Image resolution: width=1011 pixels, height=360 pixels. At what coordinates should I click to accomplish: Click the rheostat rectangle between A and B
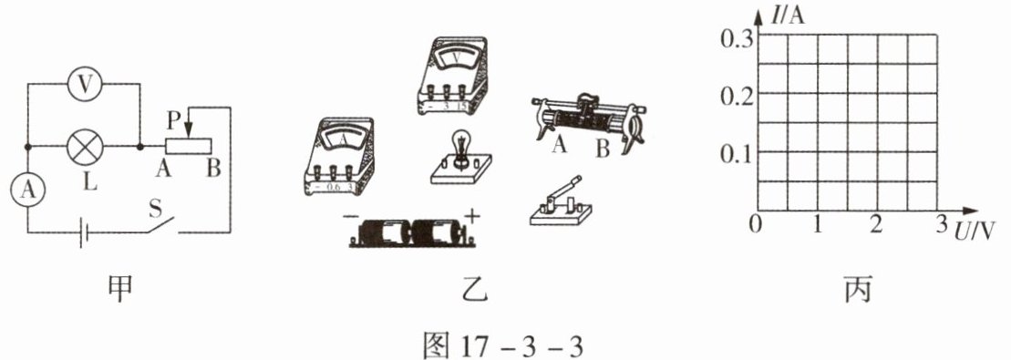(189, 147)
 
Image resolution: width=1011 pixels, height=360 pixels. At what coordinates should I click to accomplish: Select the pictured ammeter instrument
(339, 156)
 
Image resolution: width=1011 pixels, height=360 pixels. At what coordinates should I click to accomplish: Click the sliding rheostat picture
(588, 121)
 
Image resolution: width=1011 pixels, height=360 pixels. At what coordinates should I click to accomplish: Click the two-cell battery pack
(413, 233)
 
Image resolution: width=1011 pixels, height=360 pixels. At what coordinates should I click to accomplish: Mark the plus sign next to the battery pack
(472, 215)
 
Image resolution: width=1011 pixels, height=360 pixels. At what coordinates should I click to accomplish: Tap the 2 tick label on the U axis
(875, 225)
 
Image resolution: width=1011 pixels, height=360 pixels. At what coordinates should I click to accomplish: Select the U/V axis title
(975, 230)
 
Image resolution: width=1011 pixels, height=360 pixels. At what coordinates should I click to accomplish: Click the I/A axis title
(788, 15)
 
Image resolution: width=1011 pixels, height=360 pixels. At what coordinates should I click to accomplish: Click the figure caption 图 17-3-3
(503, 345)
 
